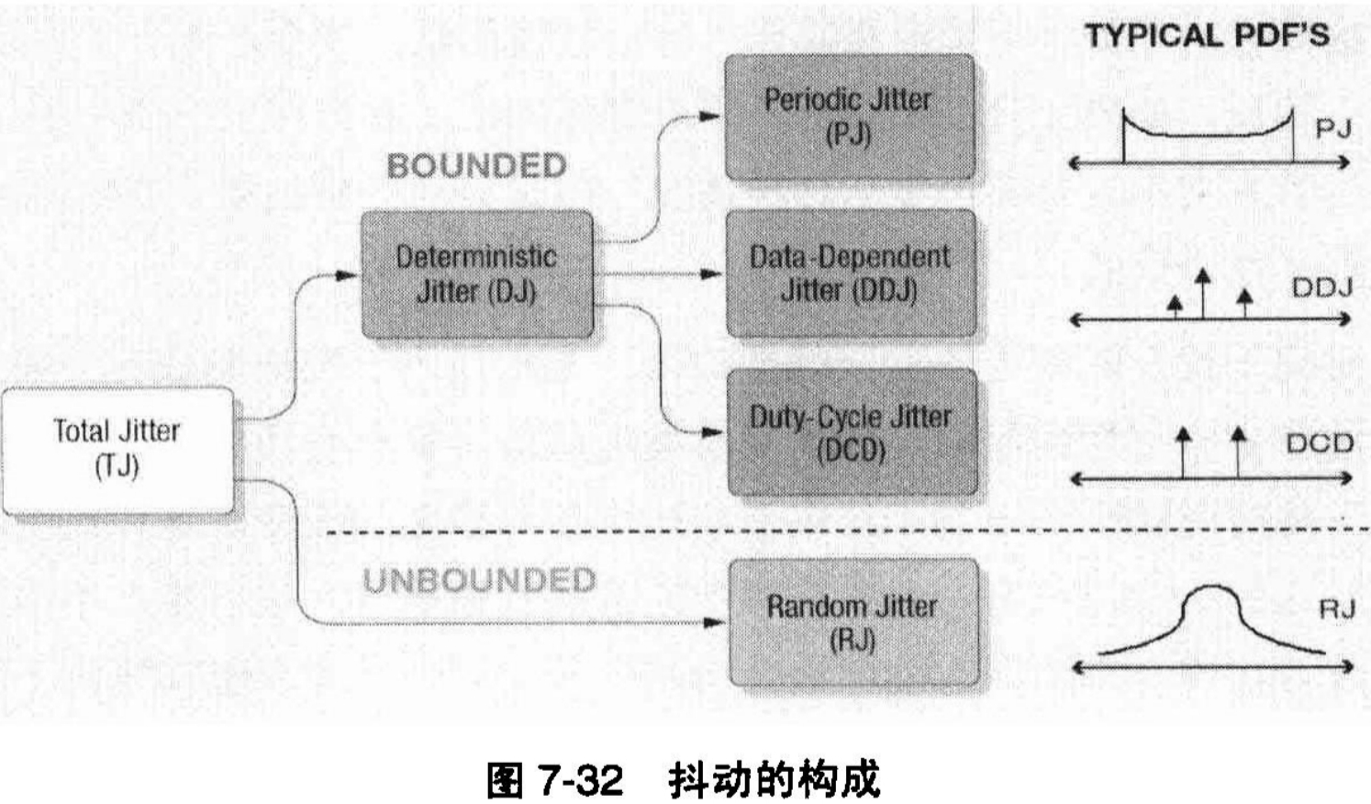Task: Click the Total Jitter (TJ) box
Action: coord(117,450)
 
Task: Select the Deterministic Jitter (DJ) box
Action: coord(476,274)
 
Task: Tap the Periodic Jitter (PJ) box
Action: coord(849,116)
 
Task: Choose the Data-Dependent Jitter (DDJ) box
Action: coord(850,274)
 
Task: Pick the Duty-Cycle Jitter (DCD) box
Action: coord(851,432)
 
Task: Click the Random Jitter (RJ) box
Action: coord(853,621)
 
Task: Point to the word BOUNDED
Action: coord(476,166)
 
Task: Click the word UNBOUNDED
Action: coord(479,580)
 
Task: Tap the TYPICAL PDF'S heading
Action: coord(1207,36)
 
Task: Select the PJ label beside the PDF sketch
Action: coord(1332,128)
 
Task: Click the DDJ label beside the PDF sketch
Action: coord(1321,287)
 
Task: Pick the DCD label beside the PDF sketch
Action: coord(1320,444)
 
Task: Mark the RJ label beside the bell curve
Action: coord(1336,609)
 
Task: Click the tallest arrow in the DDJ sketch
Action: coord(1202,278)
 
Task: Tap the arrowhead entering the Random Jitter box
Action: coord(713,622)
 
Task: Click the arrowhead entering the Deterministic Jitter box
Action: coord(347,274)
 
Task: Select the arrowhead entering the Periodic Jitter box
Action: coord(711,117)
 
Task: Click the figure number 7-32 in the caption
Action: coord(579,780)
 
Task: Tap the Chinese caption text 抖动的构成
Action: coord(774,780)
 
